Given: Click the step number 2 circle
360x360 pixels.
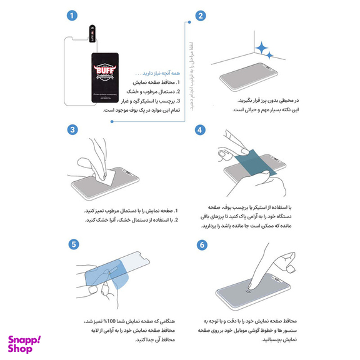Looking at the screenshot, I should coord(201,16).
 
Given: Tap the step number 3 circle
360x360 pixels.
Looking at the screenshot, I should coord(74,129).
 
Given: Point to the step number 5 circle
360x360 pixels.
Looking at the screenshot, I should coord(74,244).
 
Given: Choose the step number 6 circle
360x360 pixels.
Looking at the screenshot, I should coord(201,244).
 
